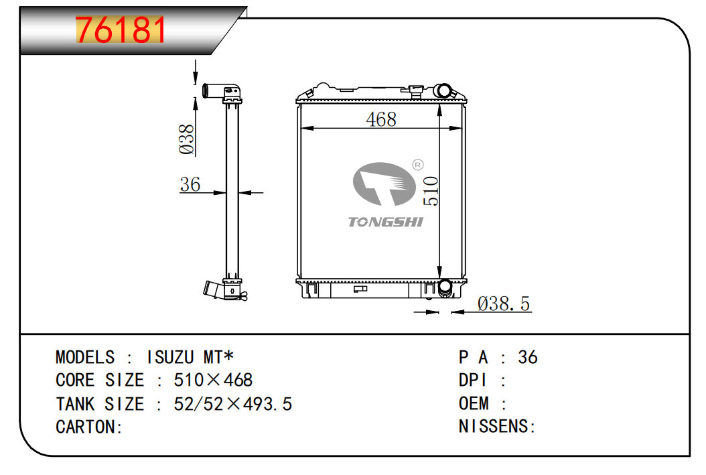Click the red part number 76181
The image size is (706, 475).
[120, 29]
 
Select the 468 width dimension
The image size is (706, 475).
[381, 119]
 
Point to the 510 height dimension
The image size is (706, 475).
[431, 191]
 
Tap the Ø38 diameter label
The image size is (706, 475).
[186, 139]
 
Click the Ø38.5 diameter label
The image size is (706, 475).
[504, 304]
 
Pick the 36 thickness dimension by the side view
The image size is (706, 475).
[190, 184]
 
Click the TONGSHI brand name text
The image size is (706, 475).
[385, 222]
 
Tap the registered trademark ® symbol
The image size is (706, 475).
[418, 165]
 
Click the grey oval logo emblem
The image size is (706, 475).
[384, 184]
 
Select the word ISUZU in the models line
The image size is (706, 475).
[170, 358]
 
